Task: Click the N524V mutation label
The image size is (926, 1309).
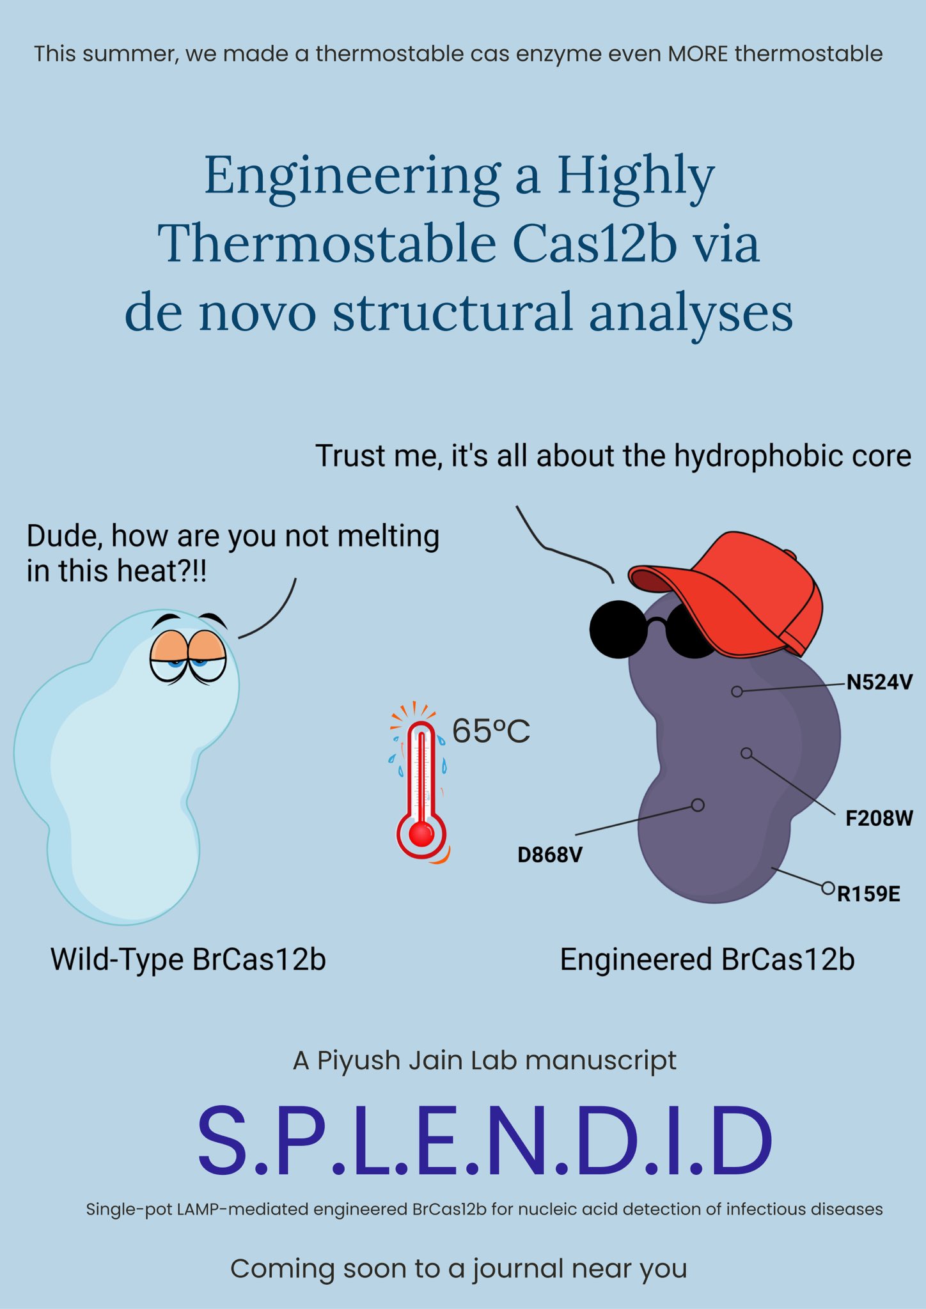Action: click(879, 683)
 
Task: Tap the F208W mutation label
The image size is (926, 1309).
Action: click(879, 818)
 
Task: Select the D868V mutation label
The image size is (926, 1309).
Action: click(550, 855)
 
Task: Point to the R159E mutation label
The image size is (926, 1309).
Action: click(868, 894)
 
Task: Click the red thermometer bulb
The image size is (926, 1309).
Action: click(421, 833)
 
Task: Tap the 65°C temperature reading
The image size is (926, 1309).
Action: click(491, 731)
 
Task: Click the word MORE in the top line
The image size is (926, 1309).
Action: click(698, 54)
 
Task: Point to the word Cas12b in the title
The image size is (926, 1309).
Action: click(595, 244)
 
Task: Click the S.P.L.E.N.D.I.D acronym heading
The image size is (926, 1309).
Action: click(485, 1141)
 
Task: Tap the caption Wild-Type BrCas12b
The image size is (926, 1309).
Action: click(188, 959)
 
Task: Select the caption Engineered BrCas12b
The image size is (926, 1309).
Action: click(707, 959)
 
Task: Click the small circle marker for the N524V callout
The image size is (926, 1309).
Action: click(737, 692)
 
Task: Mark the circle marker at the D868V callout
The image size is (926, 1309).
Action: click(698, 805)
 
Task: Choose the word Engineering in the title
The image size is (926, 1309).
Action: click(352, 176)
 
